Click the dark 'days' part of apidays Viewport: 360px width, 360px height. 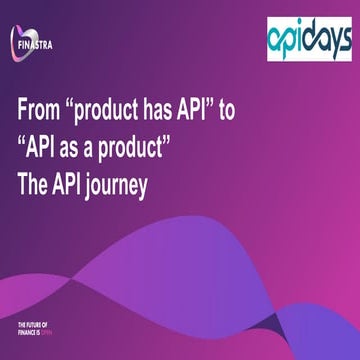click(x=326, y=37)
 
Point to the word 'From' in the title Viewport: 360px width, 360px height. click(x=46, y=112)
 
